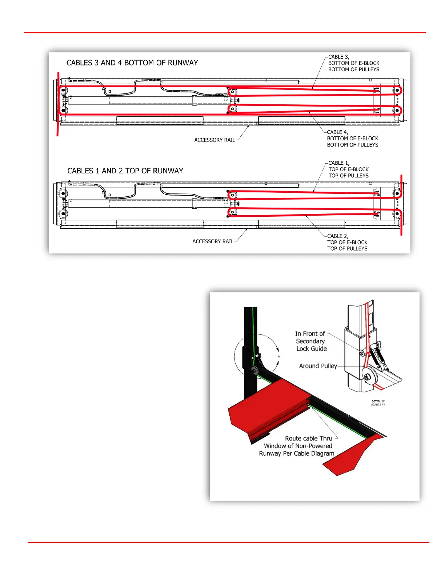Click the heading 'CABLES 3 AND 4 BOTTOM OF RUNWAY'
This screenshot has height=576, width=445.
click(132, 63)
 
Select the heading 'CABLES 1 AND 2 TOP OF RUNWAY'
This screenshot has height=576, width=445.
click(125, 171)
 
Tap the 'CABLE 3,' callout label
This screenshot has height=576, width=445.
click(338, 57)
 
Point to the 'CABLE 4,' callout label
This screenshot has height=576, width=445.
click(337, 132)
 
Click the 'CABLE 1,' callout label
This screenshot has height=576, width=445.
click(339, 163)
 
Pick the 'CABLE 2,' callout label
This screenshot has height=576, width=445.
click(337, 236)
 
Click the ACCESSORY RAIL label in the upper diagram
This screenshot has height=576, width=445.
click(215, 140)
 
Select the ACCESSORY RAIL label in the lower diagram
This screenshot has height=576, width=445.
click(213, 241)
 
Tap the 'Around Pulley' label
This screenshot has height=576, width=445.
click(318, 366)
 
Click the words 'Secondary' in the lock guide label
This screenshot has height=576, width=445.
click(310, 341)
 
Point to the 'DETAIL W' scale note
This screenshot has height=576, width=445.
click(378, 403)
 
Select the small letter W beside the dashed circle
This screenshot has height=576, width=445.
click(279, 356)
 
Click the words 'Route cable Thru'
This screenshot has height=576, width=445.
click(308, 438)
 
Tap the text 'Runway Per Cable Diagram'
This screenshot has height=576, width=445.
click(296, 453)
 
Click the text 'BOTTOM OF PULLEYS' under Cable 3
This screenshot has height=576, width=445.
click(353, 69)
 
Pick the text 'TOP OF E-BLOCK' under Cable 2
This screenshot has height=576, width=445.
click(347, 242)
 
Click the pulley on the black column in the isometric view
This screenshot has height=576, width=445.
click(254, 371)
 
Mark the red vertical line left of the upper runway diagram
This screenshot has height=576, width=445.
click(58, 104)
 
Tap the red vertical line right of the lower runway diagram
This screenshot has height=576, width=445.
click(401, 205)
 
